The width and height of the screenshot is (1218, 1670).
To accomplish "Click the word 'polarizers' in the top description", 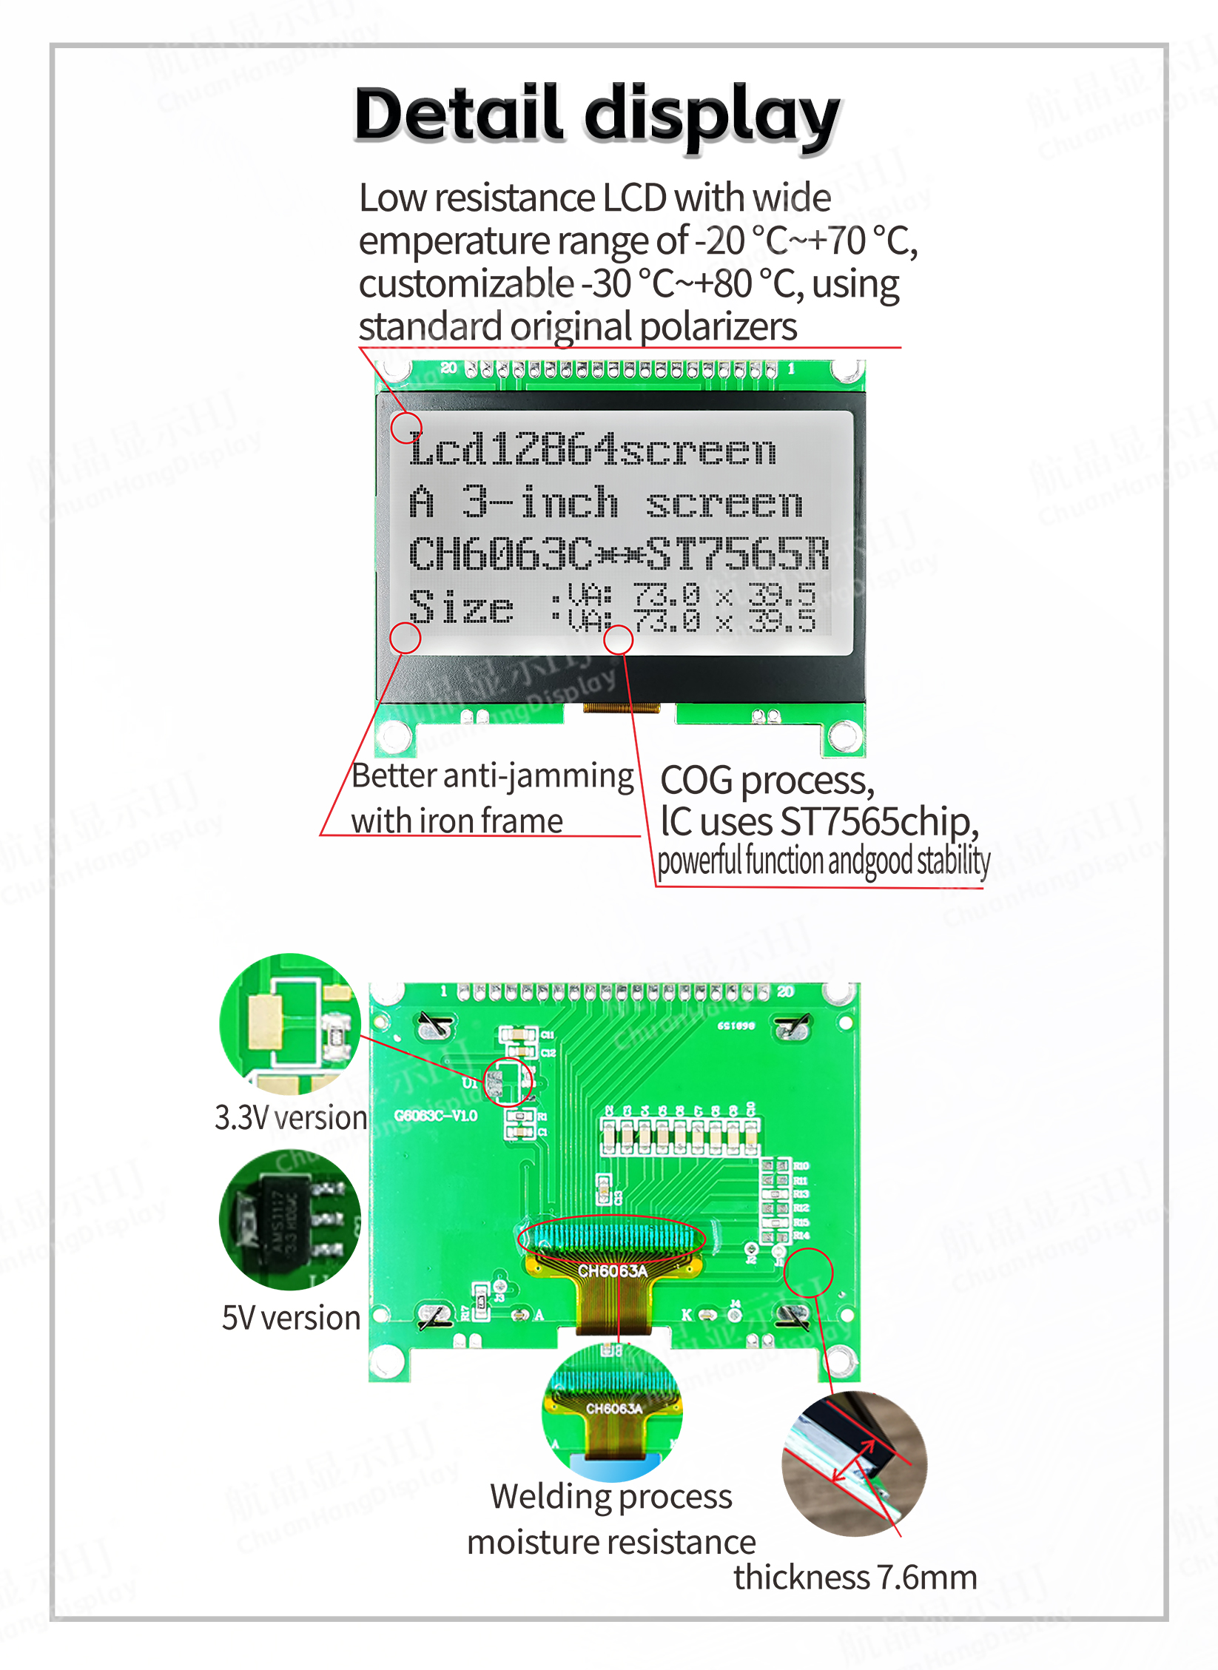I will click(x=718, y=326).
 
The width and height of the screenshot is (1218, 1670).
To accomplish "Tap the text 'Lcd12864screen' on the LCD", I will click(x=592, y=450).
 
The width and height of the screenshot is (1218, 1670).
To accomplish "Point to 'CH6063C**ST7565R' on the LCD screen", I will click(x=619, y=553).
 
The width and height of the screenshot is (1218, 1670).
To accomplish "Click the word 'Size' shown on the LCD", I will click(x=461, y=607).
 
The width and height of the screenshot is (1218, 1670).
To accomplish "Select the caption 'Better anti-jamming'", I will click(x=492, y=776).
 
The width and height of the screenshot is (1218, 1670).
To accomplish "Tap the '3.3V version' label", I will click(x=291, y=1117).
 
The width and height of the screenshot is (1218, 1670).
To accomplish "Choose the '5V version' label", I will click(x=291, y=1318).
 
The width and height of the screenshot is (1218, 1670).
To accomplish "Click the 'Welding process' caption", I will click(x=611, y=1496).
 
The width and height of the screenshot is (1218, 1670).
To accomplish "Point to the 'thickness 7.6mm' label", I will click(x=855, y=1577).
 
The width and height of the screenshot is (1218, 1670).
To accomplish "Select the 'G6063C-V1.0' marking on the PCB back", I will click(x=435, y=1115).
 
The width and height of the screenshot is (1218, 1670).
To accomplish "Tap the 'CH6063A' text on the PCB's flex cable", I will click(x=612, y=1271).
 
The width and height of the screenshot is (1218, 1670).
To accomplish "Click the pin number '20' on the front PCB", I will click(x=448, y=368).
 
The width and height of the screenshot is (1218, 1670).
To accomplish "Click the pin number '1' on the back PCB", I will click(x=443, y=991).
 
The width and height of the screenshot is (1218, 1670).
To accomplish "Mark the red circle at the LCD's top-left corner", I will click(x=406, y=428).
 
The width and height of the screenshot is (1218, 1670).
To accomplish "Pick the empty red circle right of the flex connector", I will click(x=809, y=1273).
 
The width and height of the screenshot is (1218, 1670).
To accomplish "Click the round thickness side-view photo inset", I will click(x=854, y=1464).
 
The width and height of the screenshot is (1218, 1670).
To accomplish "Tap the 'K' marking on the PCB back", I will click(x=687, y=1315).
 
